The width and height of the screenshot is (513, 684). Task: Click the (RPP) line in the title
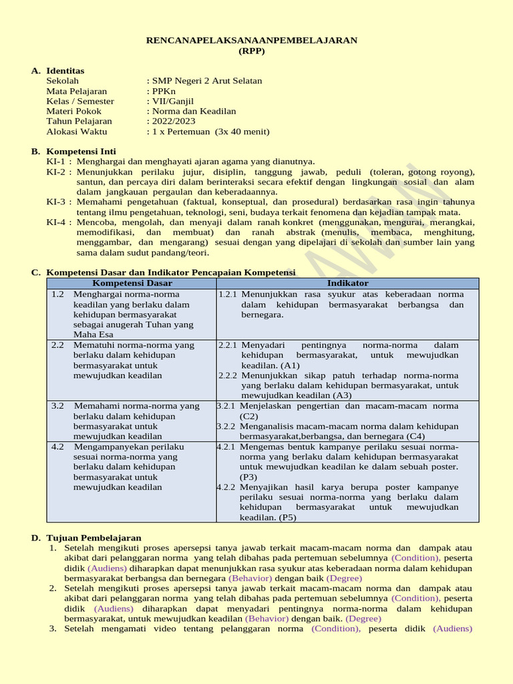pyautogui.click(x=252, y=51)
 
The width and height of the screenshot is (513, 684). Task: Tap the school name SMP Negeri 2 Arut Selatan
pyautogui.click(x=206, y=81)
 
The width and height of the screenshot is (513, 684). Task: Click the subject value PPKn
pyautogui.click(x=164, y=91)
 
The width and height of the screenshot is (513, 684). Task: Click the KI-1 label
pyautogui.click(x=56, y=162)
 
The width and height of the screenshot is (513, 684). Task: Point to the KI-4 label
pyautogui.click(x=56, y=222)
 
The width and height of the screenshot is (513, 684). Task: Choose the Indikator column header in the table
pyautogui.click(x=347, y=283)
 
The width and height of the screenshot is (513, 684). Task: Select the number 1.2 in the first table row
pyautogui.click(x=57, y=294)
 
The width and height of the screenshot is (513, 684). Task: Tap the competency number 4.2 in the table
pyautogui.click(x=57, y=446)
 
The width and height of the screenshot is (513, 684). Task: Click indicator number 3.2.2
pyautogui.click(x=226, y=426)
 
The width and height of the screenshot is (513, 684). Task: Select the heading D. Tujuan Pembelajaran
pyautogui.click(x=93, y=538)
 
